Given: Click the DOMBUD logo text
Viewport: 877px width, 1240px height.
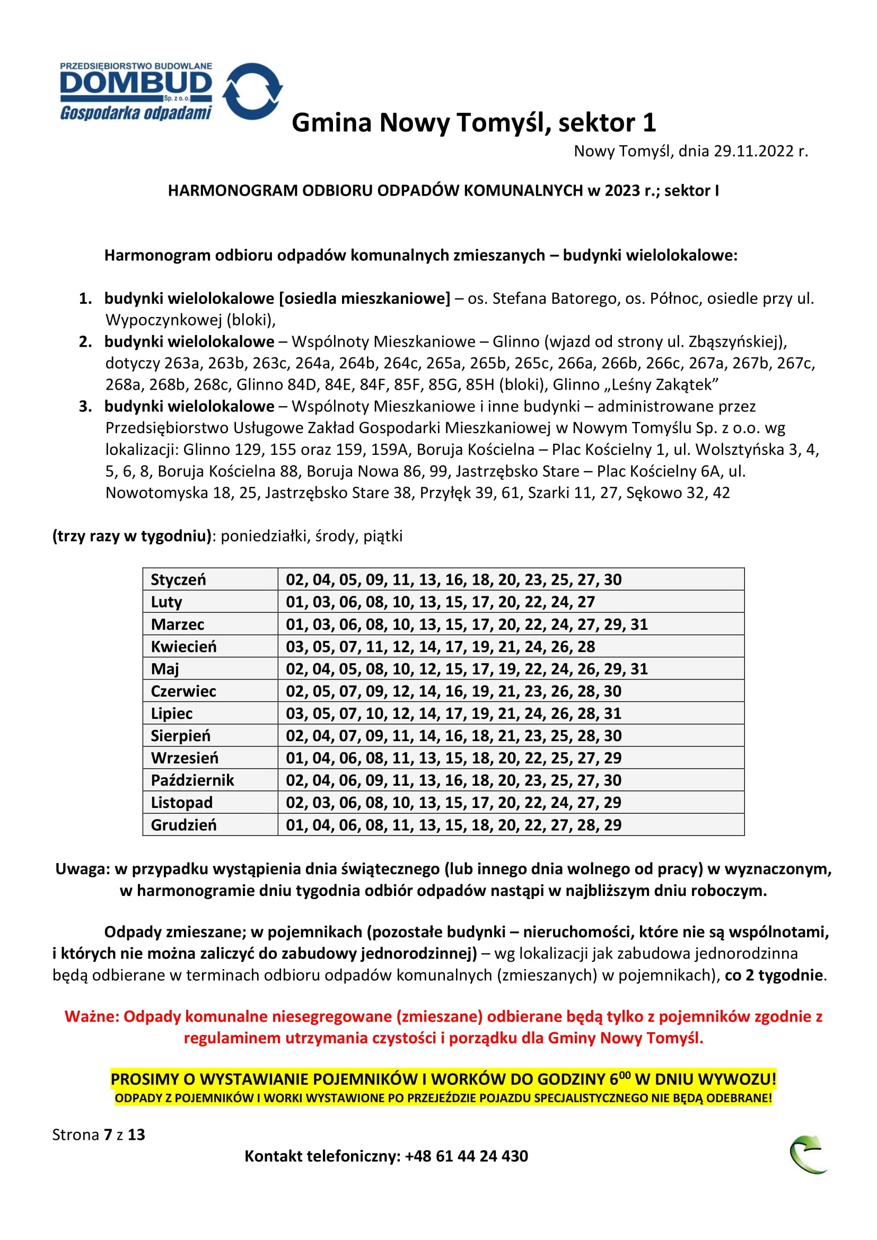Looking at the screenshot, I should click(x=136, y=83).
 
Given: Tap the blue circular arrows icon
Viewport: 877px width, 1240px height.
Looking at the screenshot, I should click(x=252, y=91).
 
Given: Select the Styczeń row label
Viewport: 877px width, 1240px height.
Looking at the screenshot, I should click(x=178, y=579).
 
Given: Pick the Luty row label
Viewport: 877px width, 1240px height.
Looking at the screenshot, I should click(x=166, y=602).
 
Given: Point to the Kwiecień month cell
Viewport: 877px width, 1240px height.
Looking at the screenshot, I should click(x=183, y=646).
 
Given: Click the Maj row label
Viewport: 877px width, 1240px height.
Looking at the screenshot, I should click(x=165, y=669).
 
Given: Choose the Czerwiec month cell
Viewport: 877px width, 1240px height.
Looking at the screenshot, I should click(x=183, y=691).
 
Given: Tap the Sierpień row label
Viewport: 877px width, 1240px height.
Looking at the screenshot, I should click(x=180, y=736).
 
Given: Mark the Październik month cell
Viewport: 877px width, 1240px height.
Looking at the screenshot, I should click(x=192, y=780).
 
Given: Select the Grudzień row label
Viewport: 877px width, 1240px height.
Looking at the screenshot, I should click(x=183, y=825).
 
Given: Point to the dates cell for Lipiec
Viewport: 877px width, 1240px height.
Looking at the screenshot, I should click(x=454, y=714).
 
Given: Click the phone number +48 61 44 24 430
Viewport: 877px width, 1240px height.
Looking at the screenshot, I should click(x=466, y=1156).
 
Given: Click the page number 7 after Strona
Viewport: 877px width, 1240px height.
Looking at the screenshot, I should click(x=108, y=1135).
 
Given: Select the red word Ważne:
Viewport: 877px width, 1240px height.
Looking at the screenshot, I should click(x=91, y=1016).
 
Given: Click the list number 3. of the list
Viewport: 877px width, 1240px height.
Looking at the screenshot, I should click(x=85, y=406).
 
